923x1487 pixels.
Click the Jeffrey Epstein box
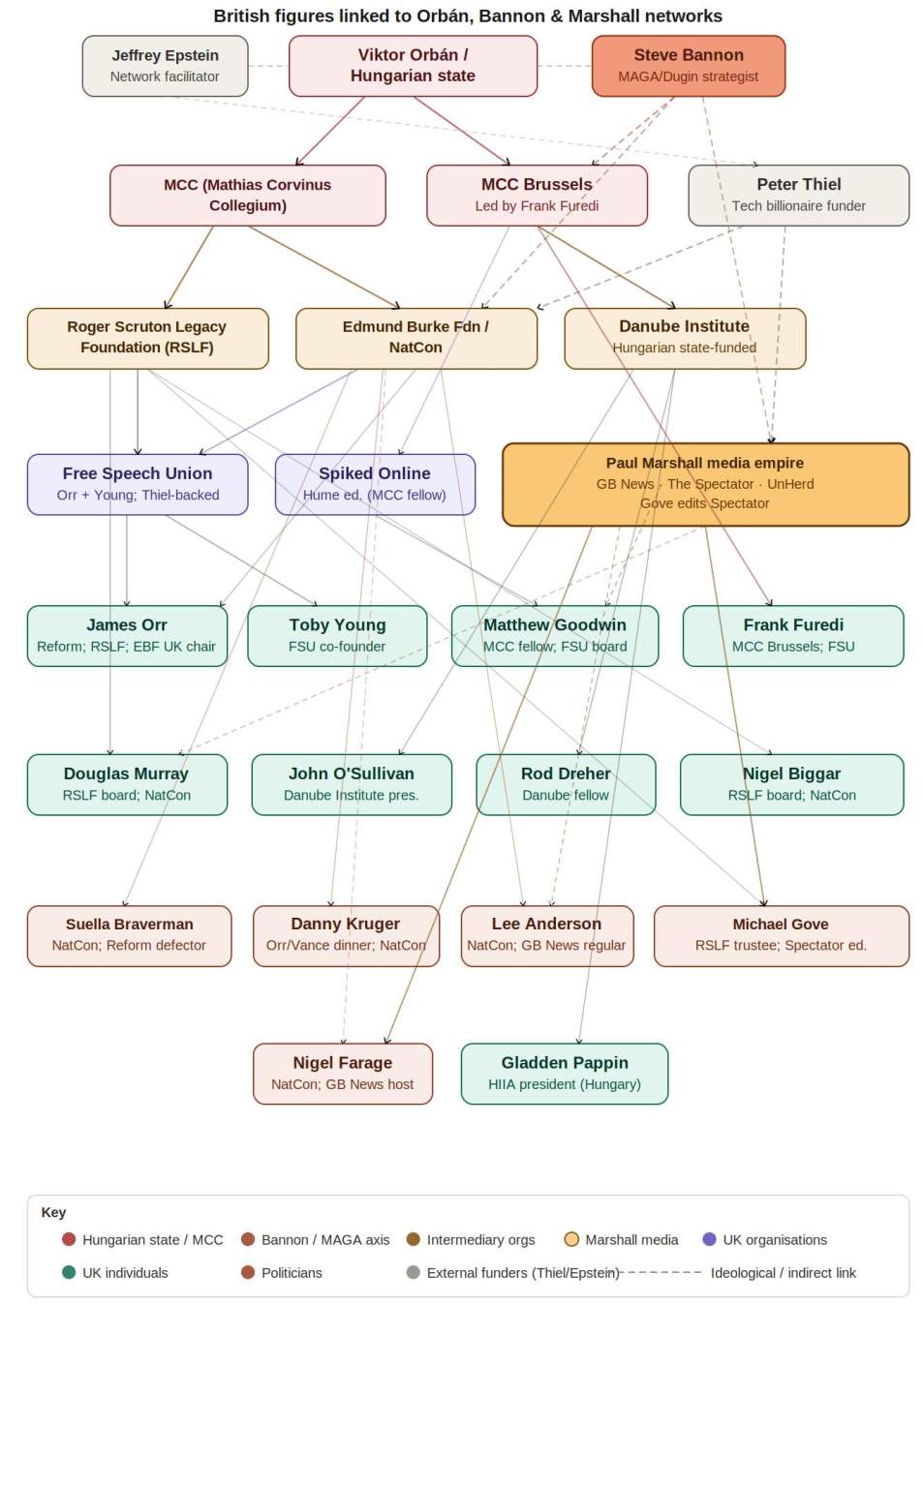[x=165, y=66]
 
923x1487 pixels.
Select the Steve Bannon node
[x=688, y=66]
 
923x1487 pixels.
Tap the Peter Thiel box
[x=798, y=195]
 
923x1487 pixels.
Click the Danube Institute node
[x=684, y=338]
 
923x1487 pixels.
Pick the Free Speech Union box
[x=138, y=484]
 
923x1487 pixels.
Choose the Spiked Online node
[x=375, y=484]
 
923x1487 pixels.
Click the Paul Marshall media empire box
[x=705, y=484]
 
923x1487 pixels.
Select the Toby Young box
[x=337, y=636]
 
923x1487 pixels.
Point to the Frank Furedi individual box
[x=792, y=636]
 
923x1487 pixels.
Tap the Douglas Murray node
[x=127, y=784]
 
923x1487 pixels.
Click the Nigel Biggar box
[x=791, y=784]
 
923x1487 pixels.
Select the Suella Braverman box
[x=129, y=935]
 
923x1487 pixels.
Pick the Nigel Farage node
[x=343, y=1073]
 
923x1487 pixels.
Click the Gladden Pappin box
[x=565, y=1073]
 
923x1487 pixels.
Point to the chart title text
[x=468, y=15]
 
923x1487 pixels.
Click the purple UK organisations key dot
[x=709, y=1239]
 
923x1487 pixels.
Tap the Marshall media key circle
[x=571, y=1239]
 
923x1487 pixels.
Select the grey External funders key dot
[x=414, y=1272]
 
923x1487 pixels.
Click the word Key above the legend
[x=53, y=1212]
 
